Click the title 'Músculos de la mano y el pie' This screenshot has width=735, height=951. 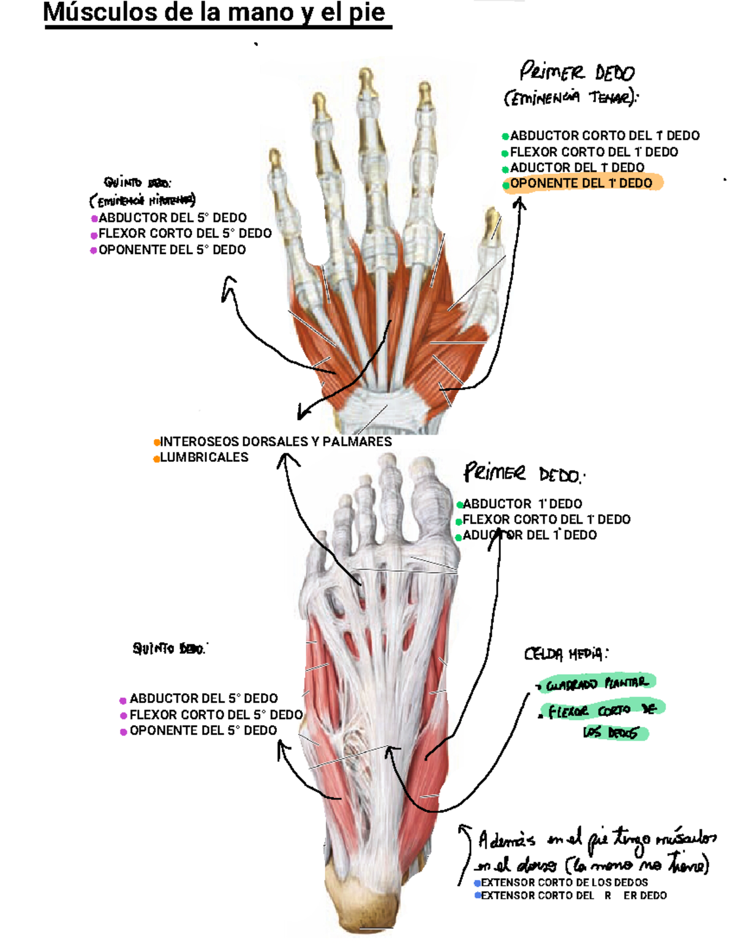[216, 13]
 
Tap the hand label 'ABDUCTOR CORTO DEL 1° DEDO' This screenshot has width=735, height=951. [605, 135]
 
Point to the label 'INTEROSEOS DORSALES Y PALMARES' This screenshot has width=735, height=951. [276, 442]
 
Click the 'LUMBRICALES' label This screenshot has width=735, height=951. [204, 457]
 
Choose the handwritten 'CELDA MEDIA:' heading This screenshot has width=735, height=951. [565, 654]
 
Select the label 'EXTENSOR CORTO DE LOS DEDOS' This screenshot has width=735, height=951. [564, 882]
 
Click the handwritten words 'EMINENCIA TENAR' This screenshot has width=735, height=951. [570, 98]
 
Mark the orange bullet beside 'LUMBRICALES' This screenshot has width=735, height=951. [157, 458]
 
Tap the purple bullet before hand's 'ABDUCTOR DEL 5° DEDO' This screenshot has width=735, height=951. [94, 219]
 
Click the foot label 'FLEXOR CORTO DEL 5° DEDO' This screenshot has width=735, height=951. [216, 715]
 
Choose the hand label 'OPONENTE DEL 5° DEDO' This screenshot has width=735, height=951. [172, 250]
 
